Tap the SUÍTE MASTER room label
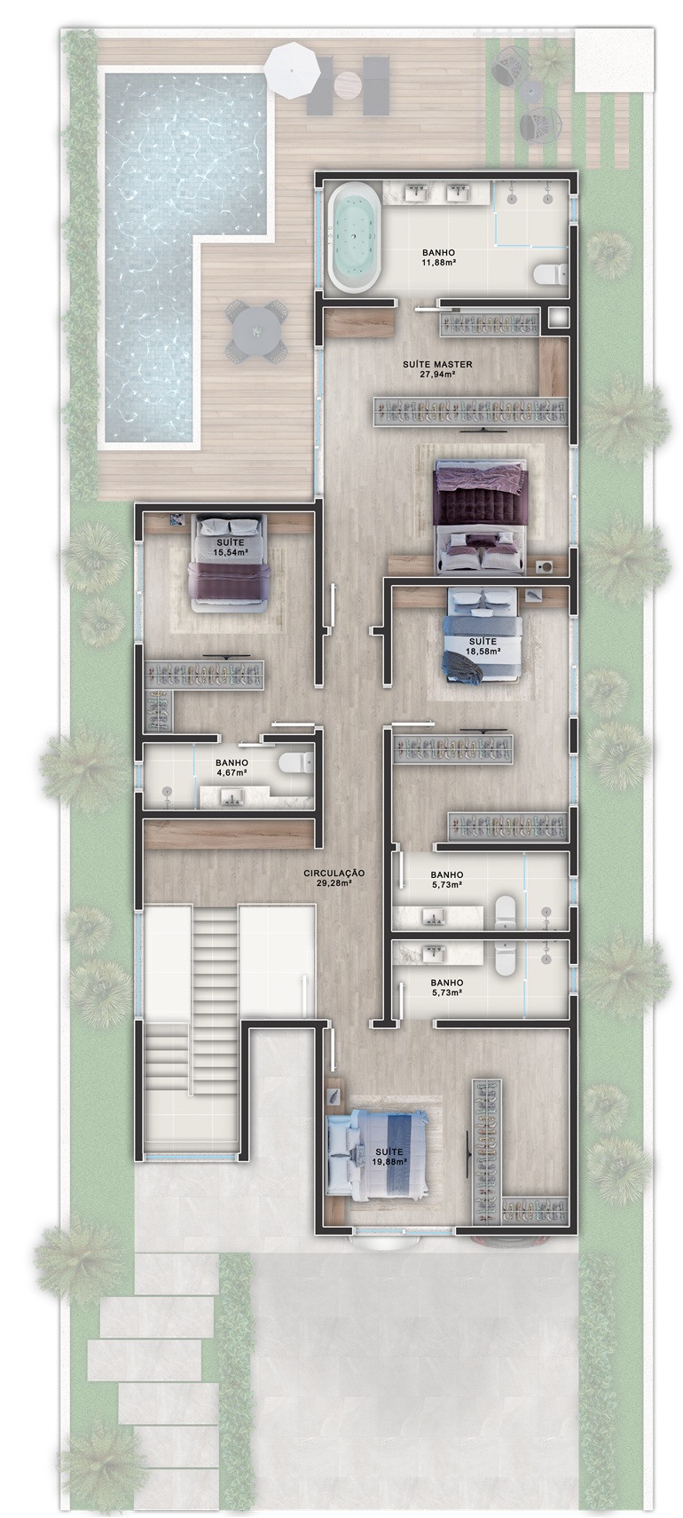pyautogui.click(x=437, y=364)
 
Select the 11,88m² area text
pyautogui.click(x=436, y=263)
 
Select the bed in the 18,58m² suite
pyautogui.click(x=483, y=635)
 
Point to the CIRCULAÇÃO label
pyautogui.click(x=334, y=874)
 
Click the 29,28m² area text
pyautogui.click(x=334, y=883)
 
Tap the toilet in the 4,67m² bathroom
pyautogui.click(x=293, y=762)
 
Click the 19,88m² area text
pyautogui.click(x=389, y=1161)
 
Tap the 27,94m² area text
pyautogui.click(x=437, y=374)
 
